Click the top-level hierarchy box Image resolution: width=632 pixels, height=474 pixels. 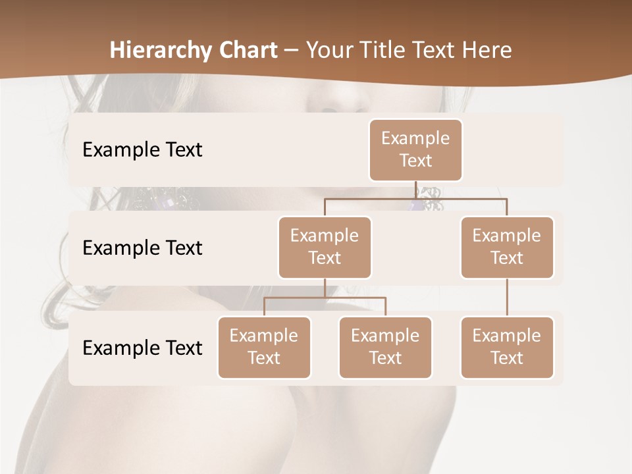point(415,149)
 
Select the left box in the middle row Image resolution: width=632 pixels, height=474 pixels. point(325,247)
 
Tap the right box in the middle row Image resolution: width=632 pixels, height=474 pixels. point(507,247)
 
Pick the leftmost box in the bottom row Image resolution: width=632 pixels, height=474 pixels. point(264,347)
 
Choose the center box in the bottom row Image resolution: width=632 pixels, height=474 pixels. point(385,347)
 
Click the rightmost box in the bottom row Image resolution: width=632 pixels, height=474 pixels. point(507,347)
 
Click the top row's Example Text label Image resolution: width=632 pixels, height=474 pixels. point(142,150)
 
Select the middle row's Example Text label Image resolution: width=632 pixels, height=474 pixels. point(142,248)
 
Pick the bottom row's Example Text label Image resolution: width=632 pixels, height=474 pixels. point(142,348)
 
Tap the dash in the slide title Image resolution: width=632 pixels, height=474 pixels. point(292,50)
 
